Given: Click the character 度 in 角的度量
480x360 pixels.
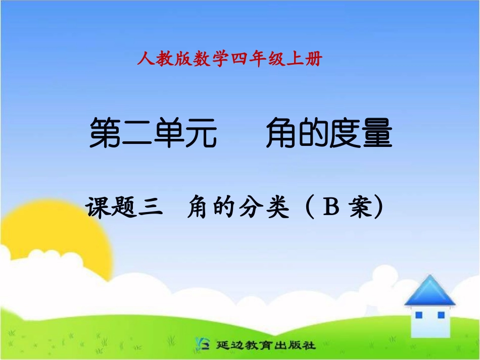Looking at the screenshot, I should pos(346,133).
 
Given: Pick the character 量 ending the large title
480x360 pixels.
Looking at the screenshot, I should pos(377,133).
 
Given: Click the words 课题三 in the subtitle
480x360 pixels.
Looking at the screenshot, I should pos(124,208).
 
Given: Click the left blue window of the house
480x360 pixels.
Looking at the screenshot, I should pos(418,315).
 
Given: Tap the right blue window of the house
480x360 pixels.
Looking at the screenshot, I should pos(441,315).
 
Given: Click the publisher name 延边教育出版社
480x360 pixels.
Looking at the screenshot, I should pos(266,346).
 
